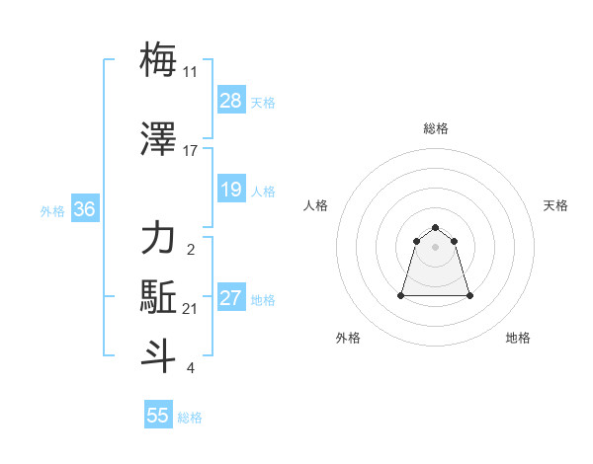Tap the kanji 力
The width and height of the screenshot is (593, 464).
(x=159, y=239)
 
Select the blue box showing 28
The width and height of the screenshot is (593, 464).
(x=231, y=101)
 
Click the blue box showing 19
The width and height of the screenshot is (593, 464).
(x=231, y=190)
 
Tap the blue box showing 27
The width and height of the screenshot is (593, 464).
(x=231, y=298)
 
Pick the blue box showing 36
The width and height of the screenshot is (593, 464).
(x=85, y=209)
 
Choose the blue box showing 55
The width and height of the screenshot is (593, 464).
(x=158, y=416)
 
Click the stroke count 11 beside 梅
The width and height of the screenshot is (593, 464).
(x=190, y=72)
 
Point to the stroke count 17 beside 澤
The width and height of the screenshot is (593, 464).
(x=190, y=151)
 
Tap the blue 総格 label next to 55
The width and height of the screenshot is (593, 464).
(x=190, y=418)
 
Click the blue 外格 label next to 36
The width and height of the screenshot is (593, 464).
(x=52, y=210)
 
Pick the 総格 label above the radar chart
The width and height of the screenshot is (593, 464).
(x=436, y=128)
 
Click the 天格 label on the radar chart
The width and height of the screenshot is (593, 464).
(x=556, y=205)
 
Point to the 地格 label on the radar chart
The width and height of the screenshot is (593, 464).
(x=518, y=338)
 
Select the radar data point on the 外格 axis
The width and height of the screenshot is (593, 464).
(x=402, y=295)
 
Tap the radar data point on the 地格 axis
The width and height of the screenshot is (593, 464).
(x=469, y=295)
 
